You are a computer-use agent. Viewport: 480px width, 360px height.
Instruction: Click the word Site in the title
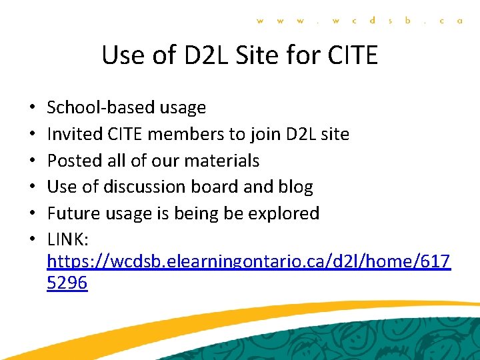pos(257,55)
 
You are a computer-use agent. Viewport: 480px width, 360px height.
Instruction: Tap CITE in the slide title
pos(353,55)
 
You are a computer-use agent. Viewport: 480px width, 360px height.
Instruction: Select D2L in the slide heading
pos(199,55)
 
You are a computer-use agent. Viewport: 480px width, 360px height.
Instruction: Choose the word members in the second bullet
pos(187,134)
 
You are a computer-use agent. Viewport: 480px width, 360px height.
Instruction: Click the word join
pos(266,134)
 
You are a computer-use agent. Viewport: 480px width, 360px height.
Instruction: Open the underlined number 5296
pos(67,283)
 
